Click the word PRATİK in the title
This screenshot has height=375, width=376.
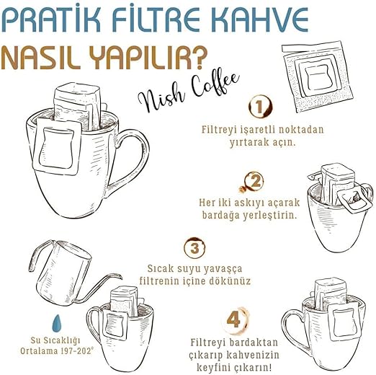click(50, 20)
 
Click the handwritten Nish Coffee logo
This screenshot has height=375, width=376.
click(189, 92)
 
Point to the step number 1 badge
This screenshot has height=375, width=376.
click(259, 106)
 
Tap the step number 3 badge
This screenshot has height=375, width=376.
click(194, 248)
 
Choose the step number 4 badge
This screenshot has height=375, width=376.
click(233, 319)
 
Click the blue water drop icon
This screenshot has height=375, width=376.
click(57, 323)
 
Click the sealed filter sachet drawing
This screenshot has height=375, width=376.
click(317, 76)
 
